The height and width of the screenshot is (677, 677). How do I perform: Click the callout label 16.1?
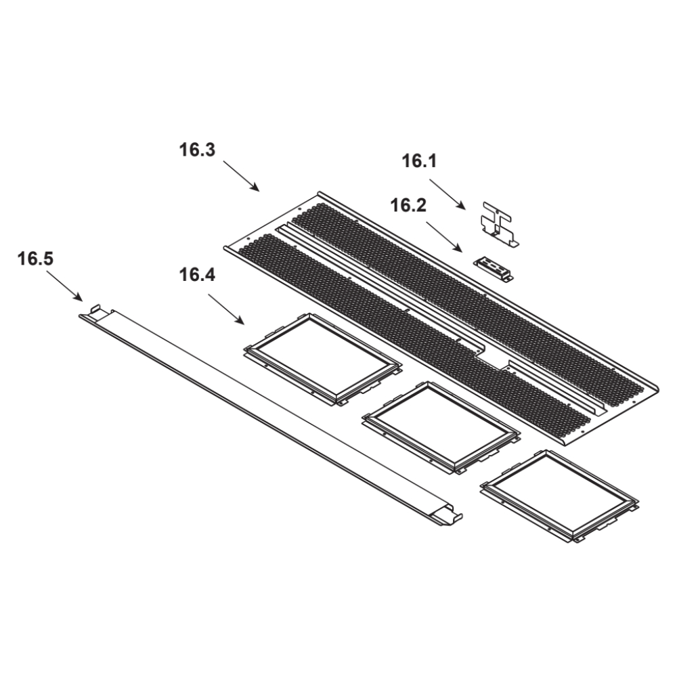[x=419, y=161]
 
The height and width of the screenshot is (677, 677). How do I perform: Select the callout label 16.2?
[x=408, y=206]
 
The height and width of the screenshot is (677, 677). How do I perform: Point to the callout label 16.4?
[x=197, y=275]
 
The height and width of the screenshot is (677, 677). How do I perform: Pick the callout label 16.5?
[x=35, y=259]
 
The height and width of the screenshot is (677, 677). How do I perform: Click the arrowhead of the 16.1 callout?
[x=463, y=206]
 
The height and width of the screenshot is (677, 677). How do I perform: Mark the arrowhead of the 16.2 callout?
[x=460, y=249]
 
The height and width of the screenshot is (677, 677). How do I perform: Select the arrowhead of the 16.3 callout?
[x=257, y=188]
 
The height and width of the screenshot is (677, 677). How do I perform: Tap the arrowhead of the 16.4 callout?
[x=241, y=321]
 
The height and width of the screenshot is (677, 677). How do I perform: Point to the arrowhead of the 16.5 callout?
[x=79, y=298]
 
